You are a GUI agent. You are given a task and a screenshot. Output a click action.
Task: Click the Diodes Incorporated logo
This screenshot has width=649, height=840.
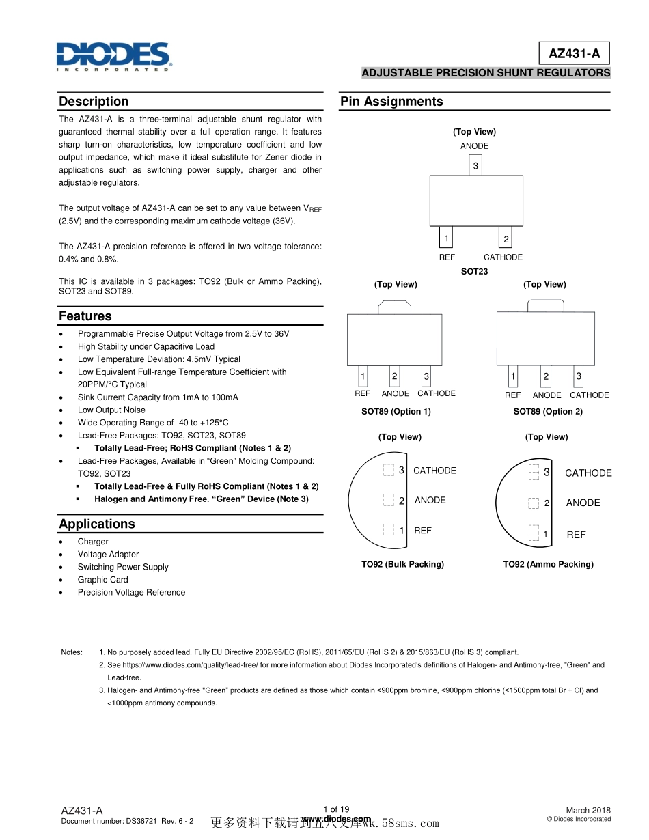(113, 56)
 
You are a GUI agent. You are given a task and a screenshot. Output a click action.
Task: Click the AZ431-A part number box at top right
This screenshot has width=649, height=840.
(574, 53)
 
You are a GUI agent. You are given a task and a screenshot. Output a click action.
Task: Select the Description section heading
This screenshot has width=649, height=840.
(94, 102)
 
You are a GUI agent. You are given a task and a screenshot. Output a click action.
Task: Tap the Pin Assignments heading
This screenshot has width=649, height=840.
(391, 102)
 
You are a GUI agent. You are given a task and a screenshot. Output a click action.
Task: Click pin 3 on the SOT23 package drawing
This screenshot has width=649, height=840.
(475, 166)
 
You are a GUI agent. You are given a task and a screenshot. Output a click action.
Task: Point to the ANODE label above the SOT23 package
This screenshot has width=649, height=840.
(474, 146)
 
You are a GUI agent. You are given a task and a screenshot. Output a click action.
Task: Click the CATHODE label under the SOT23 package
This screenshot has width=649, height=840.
(503, 257)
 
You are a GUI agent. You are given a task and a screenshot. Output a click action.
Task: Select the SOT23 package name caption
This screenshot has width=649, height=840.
(474, 271)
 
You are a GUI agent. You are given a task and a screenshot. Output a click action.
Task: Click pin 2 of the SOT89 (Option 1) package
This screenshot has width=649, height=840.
(394, 376)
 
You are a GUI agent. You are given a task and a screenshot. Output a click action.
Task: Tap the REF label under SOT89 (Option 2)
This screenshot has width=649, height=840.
(512, 395)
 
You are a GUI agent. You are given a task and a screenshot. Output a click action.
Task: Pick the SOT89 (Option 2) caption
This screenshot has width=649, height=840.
(548, 412)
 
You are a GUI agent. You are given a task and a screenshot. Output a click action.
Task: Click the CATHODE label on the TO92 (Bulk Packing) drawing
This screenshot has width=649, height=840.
(434, 471)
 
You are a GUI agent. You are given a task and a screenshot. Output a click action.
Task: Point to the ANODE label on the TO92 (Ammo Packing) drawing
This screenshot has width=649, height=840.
(583, 503)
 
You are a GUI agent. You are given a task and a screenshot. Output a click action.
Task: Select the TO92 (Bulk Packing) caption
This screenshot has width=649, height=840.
(402, 564)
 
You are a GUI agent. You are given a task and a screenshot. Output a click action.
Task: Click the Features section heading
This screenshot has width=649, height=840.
(85, 316)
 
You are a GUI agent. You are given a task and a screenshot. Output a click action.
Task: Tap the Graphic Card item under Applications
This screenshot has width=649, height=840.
(102, 580)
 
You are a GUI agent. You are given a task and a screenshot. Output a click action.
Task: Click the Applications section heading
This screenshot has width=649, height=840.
(97, 524)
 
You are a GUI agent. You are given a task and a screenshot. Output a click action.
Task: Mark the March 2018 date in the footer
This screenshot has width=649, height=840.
(588, 810)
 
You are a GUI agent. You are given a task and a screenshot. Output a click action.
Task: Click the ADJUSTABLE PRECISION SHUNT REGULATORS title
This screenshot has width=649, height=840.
(486, 73)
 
